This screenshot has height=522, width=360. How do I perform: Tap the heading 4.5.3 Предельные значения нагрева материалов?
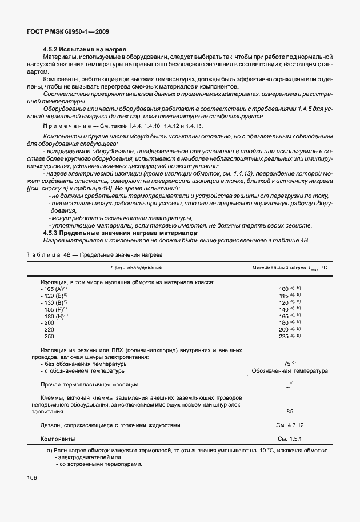[120, 233]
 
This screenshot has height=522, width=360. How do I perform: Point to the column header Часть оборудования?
[137, 268]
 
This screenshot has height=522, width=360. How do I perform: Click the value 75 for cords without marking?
[287, 363]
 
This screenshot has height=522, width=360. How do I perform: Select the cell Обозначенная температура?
[290, 370]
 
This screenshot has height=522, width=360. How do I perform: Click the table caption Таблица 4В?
[46, 253]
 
